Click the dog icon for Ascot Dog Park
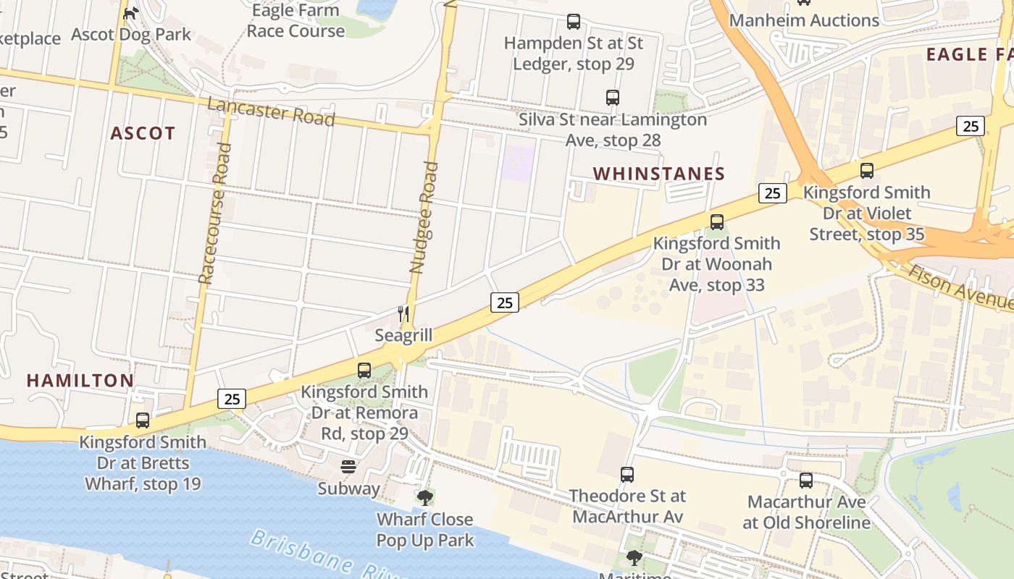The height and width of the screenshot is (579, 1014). pos(130,13)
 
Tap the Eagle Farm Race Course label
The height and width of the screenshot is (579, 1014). pos(296,21)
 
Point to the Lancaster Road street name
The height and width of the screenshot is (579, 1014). pos(271,111)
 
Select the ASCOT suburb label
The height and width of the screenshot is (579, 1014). pos(143,133)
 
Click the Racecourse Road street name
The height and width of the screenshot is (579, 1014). pos(215,213)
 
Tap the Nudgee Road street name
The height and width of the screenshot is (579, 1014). pos(424,217)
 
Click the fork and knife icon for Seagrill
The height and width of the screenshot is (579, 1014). pos(403,314)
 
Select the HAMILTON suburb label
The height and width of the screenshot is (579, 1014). pos(80,380)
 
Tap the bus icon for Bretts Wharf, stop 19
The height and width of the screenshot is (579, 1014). pos(143,420)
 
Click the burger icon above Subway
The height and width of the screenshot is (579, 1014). pos(348,467)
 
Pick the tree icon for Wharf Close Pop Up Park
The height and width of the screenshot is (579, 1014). pos(425,498)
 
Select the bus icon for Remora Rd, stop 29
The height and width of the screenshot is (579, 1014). pos(364,371)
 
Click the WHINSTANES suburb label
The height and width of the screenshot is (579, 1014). pos(658,174)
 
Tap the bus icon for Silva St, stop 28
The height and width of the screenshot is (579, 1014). pos(613,98)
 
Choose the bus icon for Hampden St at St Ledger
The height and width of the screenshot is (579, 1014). pos(574,22)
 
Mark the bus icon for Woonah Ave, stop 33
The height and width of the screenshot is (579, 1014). pos(717,222)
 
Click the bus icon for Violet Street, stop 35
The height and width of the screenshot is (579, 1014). pos(867,171)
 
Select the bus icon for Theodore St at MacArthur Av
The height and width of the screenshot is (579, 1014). pos(627,475)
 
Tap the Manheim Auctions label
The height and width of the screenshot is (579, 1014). pos(804,20)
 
